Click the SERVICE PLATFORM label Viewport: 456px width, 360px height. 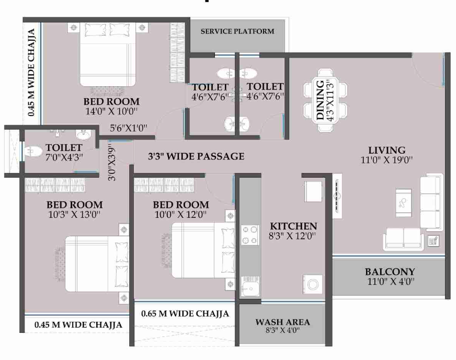(x=237, y=31)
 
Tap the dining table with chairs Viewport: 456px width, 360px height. (x=325, y=100)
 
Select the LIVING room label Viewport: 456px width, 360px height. (x=387, y=150)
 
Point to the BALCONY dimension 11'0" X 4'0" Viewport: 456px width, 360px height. (x=391, y=281)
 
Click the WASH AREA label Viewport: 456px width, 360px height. (x=283, y=322)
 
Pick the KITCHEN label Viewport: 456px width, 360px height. (x=293, y=226)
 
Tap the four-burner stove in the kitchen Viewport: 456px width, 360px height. (x=250, y=235)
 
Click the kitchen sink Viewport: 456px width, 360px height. (x=250, y=286)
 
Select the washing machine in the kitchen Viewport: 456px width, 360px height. (x=313, y=284)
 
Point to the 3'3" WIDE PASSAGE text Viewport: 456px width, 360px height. (x=196, y=156)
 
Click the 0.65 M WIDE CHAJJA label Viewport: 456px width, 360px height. (x=185, y=314)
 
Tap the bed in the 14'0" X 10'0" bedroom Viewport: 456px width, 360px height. (x=108, y=55)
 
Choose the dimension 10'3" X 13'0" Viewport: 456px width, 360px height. (x=74, y=215)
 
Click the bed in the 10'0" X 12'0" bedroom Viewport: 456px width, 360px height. (x=203, y=250)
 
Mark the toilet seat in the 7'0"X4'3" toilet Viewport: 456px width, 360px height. (x=33, y=152)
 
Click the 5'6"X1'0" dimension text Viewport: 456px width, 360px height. (x=128, y=128)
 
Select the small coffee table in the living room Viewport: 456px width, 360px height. (x=403, y=203)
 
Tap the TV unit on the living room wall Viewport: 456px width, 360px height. (x=337, y=196)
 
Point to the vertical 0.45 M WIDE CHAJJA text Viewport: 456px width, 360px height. (x=31, y=72)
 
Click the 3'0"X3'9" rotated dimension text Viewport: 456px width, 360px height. (x=112, y=164)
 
